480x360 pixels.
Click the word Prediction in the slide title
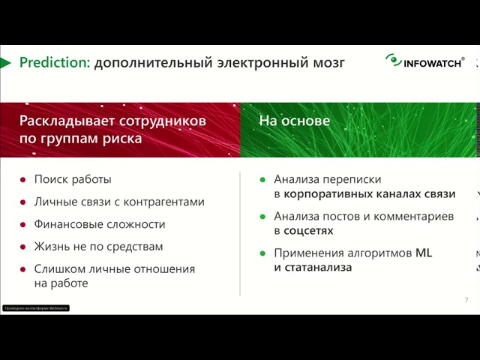(52, 63)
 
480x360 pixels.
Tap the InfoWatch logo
(425, 61)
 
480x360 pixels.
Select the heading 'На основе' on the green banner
(294, 120)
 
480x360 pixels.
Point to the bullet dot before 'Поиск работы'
(23, 179)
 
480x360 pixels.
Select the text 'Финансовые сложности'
(100, 224)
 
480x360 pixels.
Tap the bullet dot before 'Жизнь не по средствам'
(23, 246)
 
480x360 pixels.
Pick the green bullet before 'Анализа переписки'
(262, 179)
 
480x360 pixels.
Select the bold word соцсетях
(312, 230)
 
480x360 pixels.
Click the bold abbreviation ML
(424, 253)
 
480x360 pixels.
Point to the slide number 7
(466, 300)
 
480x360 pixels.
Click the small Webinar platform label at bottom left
(36, 308)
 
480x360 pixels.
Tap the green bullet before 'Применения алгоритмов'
(262, 253)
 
